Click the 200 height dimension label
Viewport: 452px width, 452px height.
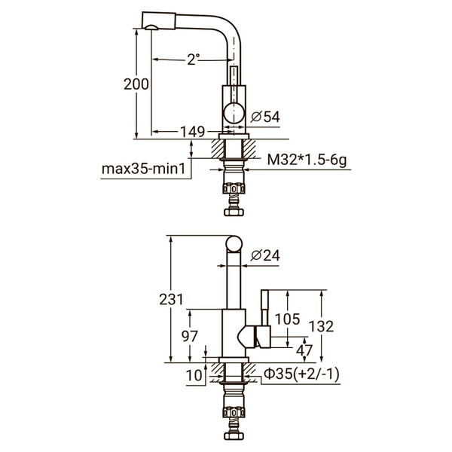(136, 84)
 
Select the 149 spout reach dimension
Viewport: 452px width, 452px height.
(193, 132)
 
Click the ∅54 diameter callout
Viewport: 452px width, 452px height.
(264, 116)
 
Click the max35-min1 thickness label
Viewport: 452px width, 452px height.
(143, 168)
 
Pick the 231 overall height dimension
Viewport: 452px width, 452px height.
(172, 299)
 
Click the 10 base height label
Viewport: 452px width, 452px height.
(194, 374)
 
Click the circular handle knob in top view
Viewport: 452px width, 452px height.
(234, 115)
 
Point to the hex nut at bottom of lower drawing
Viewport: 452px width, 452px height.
(234, 435)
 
